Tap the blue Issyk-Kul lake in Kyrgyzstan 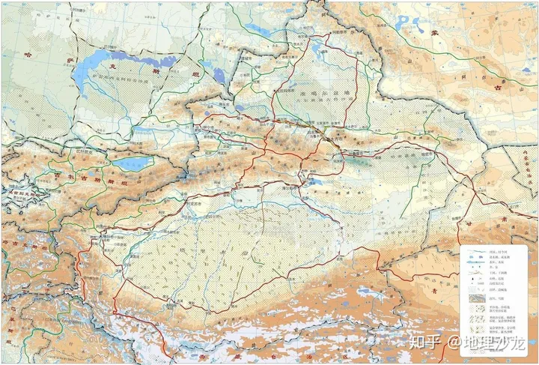(132, 161)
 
